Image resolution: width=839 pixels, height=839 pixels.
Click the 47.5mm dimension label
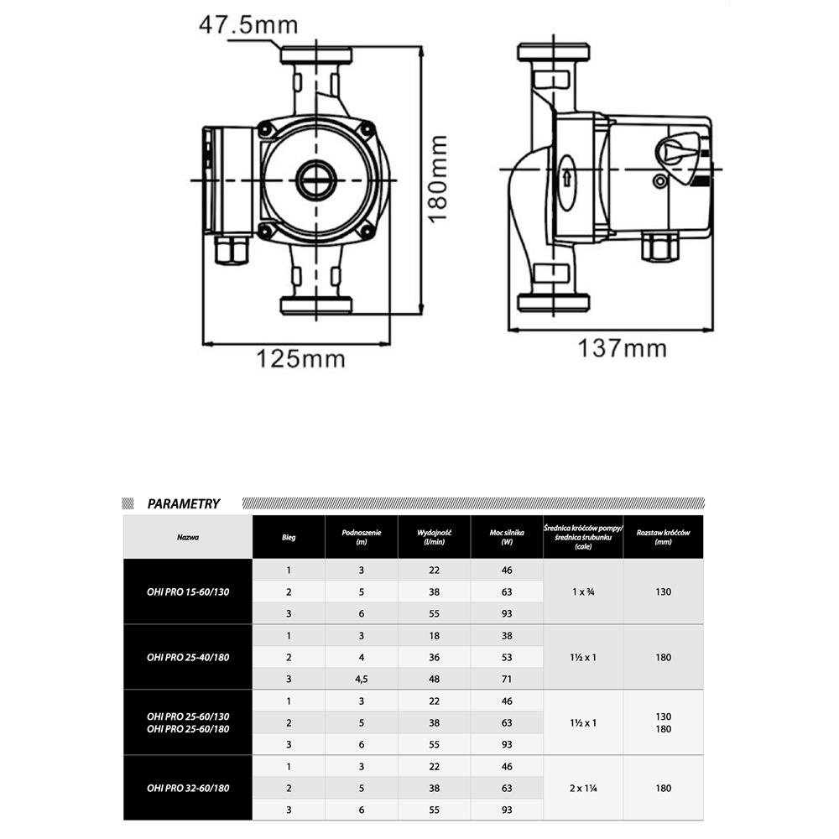248,24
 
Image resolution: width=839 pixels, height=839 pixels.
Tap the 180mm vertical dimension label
438,178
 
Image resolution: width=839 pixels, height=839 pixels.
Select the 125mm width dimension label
300,359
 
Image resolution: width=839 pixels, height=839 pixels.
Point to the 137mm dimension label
622,347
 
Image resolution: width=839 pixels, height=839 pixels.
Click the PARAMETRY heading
183,504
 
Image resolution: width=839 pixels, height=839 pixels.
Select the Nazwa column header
188,537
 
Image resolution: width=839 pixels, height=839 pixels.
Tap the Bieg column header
289,537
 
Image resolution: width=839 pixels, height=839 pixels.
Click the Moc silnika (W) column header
507,537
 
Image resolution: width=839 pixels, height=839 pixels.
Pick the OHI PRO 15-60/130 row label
188,591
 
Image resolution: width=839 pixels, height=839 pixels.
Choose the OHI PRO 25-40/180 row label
188,657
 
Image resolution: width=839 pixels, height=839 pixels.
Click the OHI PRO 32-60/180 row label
188,788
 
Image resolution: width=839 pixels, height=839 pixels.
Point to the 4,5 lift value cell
362,679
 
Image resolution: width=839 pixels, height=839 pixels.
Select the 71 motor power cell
507,679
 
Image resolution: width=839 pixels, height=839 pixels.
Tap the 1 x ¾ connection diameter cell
583,591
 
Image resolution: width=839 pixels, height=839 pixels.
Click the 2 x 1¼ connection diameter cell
583,788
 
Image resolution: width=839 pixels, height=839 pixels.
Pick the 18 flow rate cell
435,636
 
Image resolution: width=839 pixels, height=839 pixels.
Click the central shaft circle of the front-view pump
316,180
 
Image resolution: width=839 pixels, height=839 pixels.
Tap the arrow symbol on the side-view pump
567,178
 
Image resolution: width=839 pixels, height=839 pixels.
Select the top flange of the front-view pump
316,56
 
